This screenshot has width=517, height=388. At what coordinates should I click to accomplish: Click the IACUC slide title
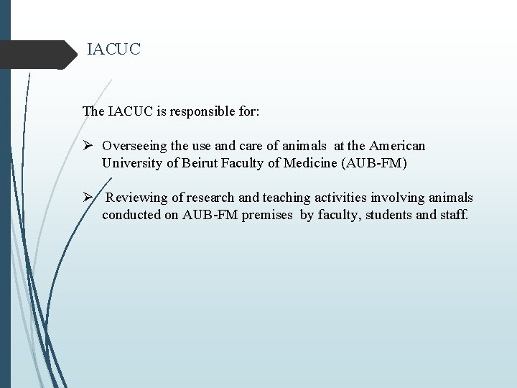click(114, 50)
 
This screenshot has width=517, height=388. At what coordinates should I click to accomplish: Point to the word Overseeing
click(134, 146)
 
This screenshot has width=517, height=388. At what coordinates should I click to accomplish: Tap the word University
click(130, 163)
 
